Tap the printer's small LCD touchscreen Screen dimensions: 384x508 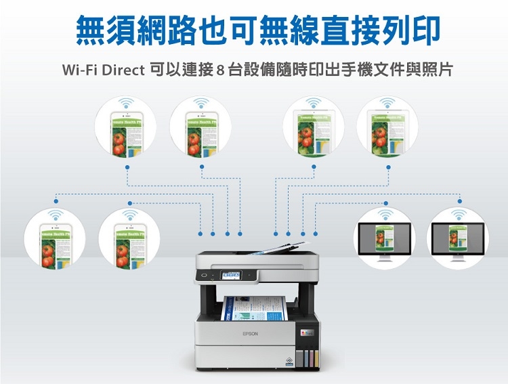click(x=230, y=275)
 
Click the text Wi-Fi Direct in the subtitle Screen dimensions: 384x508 click(x=102, y=70)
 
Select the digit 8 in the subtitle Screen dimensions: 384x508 click(x=220, y=70)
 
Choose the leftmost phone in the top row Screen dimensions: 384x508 click(x=126, y=129)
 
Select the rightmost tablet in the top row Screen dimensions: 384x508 click(x=388, y=129)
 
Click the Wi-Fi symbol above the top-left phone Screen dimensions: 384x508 click(x=126, y=104)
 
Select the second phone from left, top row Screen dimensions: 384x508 click(x=200, y=129)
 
